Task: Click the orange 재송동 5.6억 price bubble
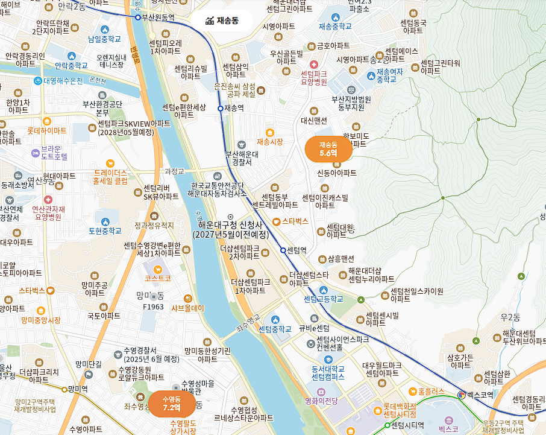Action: [x=328, y=149]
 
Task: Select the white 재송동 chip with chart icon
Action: [x=222, y=21]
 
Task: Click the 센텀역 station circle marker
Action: [x=283, y=250]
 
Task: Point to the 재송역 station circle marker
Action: [x=220, y=109]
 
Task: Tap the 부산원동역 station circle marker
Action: [x=137, y=17]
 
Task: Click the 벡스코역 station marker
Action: [x=462, y=395]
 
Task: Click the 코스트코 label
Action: [x=158, y=278]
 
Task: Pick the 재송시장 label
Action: [x=269, y=142]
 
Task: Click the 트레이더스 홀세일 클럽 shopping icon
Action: [x=110, y=163]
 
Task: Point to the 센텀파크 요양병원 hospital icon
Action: [x=313, y=65]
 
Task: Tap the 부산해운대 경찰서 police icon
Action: [x=242, y=144]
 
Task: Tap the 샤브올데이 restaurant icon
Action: [x=187, y=298]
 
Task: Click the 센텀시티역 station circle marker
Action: [x=387, y=425]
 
